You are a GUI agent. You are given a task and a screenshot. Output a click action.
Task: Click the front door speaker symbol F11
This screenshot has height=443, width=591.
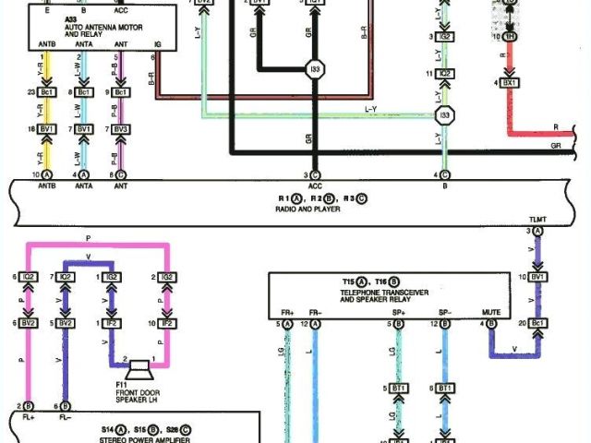coord(141,368)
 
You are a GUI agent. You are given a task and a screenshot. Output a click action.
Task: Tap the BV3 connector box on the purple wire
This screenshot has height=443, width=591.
coord(121,129)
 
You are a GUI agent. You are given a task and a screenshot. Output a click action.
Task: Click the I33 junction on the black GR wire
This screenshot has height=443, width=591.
coord(316,70)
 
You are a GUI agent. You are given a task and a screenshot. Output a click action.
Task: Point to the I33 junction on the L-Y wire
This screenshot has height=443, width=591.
coord(445,115)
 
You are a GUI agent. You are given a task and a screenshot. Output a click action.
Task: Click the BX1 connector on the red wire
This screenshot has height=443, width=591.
coord(510,83)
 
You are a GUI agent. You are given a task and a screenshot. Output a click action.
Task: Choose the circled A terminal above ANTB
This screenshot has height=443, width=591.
coord(47,174)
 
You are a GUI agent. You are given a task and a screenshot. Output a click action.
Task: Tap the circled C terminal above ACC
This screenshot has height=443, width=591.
coord(316,174)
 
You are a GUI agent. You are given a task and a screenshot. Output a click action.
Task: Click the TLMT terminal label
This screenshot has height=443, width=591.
coord(537,219)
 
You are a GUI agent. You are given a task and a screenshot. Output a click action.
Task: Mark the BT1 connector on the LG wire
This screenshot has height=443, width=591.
coord(399,389)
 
